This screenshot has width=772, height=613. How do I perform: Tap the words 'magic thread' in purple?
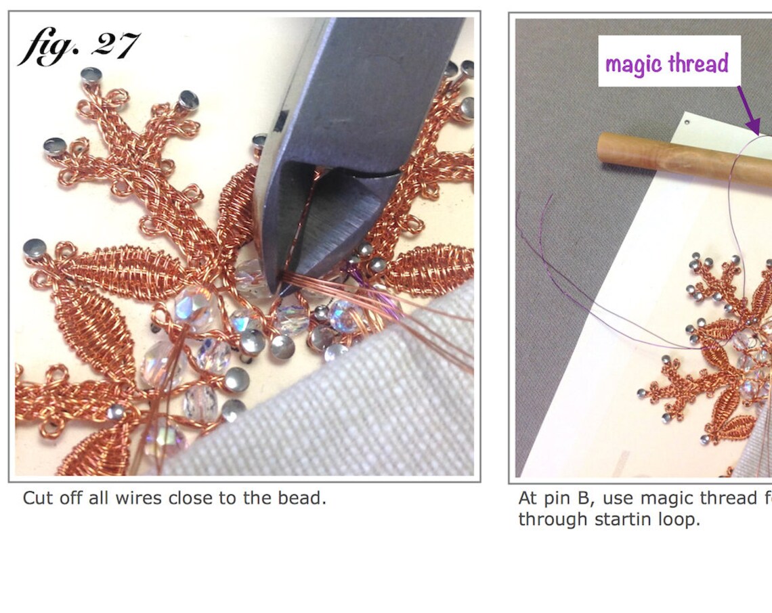tap(666, 64)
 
